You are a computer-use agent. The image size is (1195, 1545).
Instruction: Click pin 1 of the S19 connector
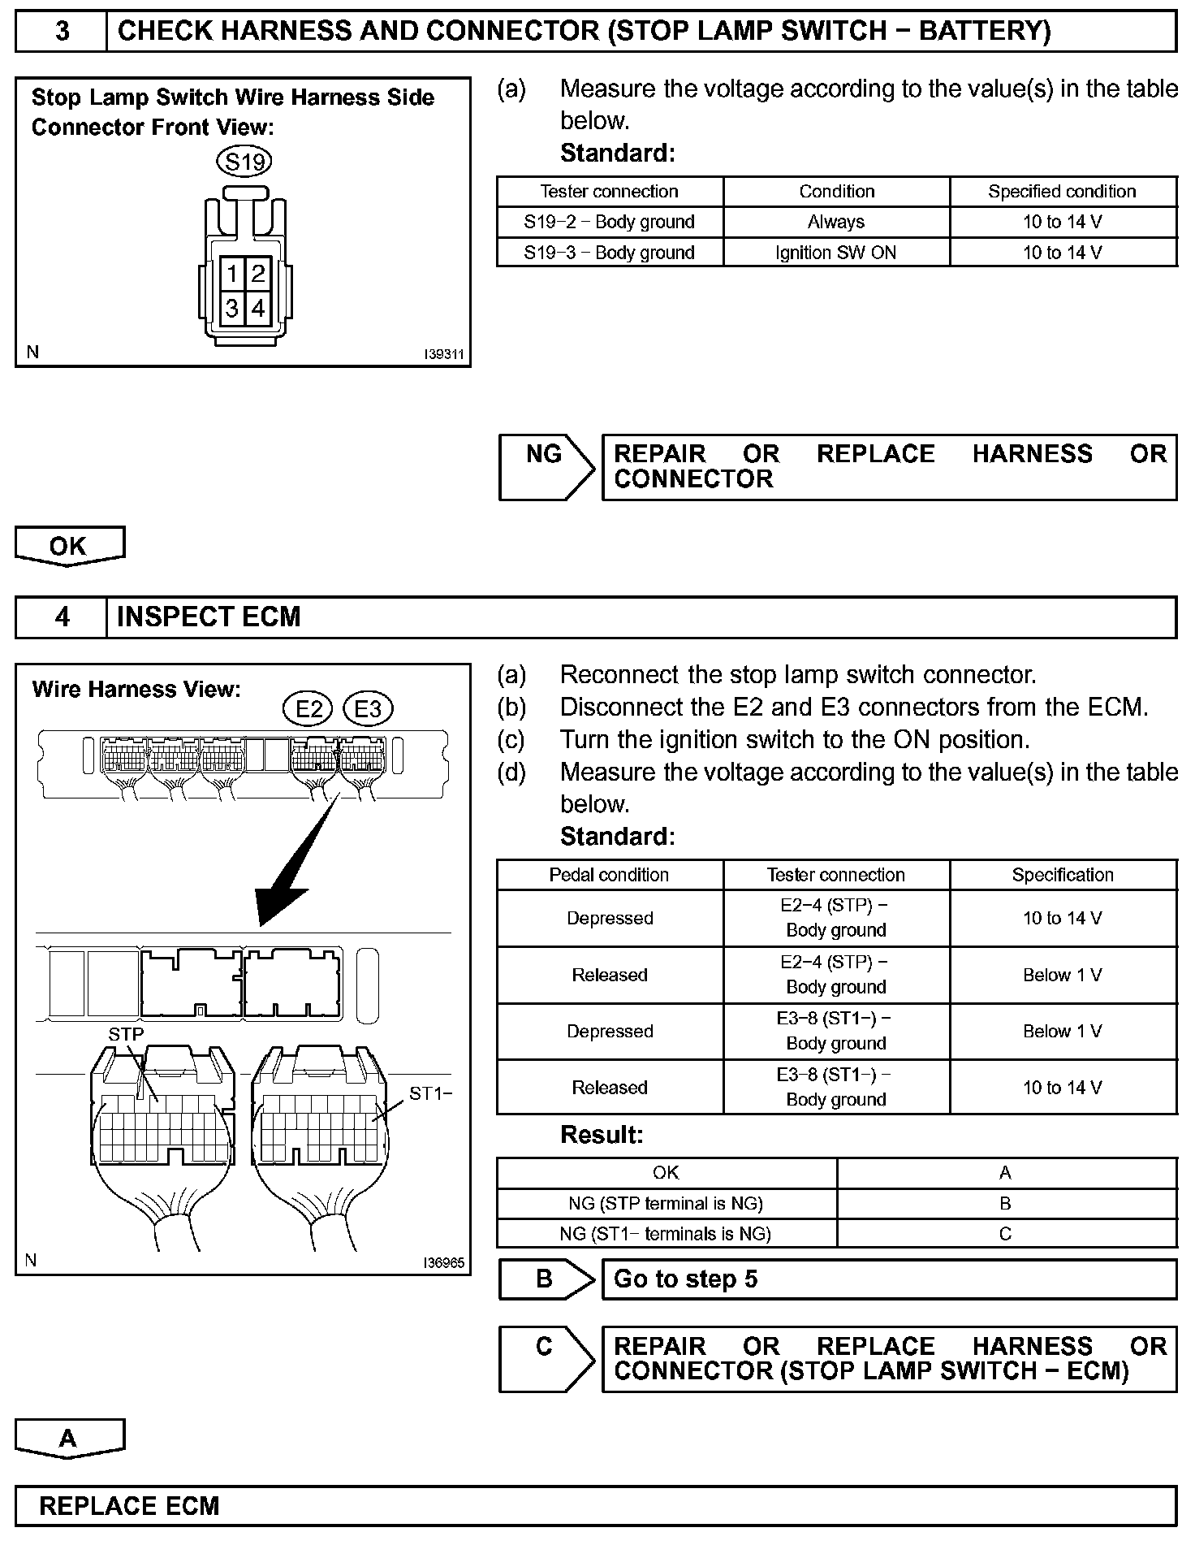tap(232, 274)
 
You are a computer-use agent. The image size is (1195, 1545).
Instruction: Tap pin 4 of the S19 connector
tap(258, 309)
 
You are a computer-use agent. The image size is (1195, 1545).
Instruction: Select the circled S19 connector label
tap(244, 162)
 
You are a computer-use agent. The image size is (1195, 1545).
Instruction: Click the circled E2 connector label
tap(308, 709)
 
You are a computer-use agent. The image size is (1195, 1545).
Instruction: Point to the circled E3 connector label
tap(368, 709)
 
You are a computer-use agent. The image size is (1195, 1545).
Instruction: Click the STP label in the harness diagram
tap(126, 1034)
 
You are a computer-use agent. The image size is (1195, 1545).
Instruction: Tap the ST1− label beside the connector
tap(429, 1093)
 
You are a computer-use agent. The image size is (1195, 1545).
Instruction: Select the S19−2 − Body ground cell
tap(609, 222)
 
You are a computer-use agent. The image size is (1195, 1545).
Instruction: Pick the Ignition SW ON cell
tap(835, 253)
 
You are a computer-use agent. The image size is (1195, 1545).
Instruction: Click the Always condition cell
tap(835, 222)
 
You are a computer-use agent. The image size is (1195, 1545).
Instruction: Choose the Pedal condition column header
tap(609, 875)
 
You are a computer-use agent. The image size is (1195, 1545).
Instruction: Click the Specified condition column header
tap(1062, 192)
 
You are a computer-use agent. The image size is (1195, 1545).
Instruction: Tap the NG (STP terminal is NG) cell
tap(666, 1203)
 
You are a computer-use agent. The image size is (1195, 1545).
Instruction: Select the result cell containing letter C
tap(1005, 1234)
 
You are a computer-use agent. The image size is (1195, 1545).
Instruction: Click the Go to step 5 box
tap(888, 1279)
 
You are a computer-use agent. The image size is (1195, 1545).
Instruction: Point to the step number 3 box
tap(62, 32)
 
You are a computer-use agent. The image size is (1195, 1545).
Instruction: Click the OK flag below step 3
tap(68, 545)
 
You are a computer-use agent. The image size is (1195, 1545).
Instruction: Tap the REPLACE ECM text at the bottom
tap(129, 1506)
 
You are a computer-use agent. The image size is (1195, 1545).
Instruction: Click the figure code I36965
tap(443, 1263)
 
